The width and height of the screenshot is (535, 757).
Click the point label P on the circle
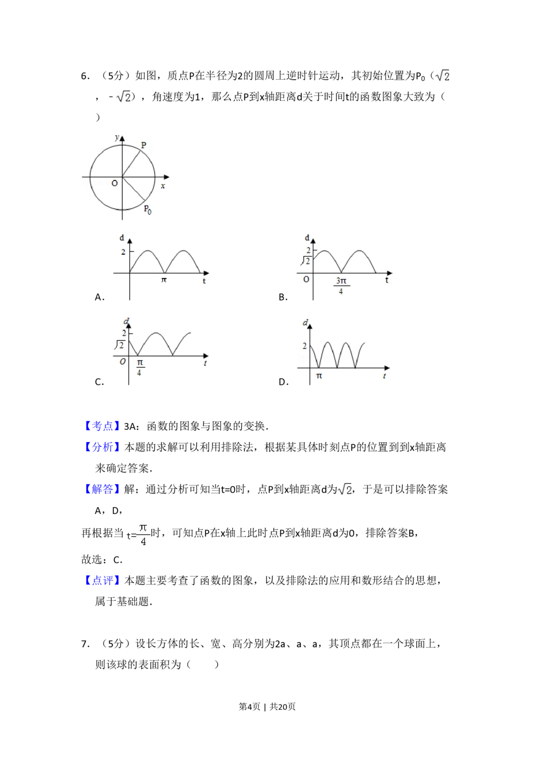tap(144, 145)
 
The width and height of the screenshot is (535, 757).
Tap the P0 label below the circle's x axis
tap(147, 209)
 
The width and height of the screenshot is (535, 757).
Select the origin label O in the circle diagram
tap(114, 183)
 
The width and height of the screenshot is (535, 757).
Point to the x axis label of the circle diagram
tap(163, 186)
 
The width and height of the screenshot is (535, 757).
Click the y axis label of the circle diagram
tap(117, 138)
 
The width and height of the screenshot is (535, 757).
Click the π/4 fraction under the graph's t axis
tap(139, 367)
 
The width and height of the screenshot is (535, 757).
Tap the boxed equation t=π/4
tap(137, 535)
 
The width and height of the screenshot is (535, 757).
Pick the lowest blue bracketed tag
tap(102, 580)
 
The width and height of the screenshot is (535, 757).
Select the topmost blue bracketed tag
tap(102, 426)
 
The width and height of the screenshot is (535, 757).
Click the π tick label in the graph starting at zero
tap(164, 280)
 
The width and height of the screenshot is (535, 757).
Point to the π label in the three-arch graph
tap(319, 376)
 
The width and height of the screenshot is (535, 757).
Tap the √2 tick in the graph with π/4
tap(120, 345)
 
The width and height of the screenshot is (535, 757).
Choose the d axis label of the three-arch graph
tap(305, 322)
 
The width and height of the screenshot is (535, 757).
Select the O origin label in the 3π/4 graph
tap(306, 279)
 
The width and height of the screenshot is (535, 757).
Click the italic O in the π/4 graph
tap(123, 361)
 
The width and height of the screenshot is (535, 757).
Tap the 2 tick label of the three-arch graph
tap(305, 346)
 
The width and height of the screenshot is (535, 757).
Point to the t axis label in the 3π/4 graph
tap(387, 280)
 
